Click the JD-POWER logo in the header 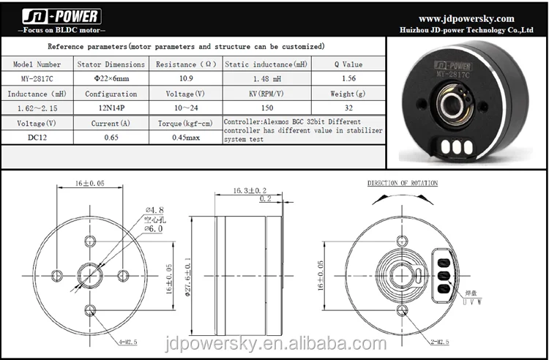pos(61,16)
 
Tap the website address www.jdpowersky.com pos(466,18)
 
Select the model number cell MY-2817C pos(37,79)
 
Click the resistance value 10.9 pos(186,78)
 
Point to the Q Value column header pos(348,64)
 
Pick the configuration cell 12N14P pos(111,108)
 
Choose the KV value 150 pos(266,108)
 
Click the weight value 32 pos(348,108)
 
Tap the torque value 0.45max pos(186,138)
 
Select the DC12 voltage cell pos(37,138)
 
